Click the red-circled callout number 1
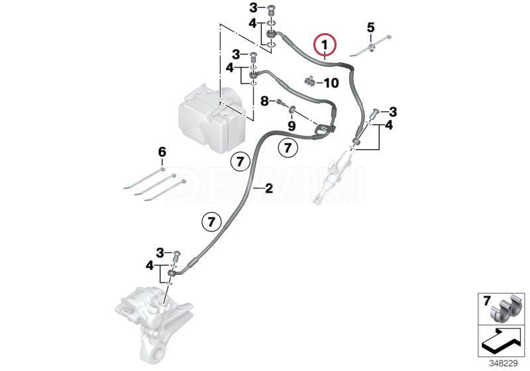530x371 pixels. click(x=325, y=44)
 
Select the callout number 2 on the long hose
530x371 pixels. click(x=269, y=188)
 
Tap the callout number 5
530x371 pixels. click(x=371, y=27)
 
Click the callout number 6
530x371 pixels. click(x=162, y=152)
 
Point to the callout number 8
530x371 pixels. click(x=264, y=100)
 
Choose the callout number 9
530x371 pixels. click(x=291, y=126)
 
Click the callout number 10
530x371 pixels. click(x=331, y=83)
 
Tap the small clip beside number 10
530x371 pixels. click(x=310, y=81)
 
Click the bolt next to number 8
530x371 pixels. click(x=280, y=101)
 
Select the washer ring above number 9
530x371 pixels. click(x=291, y=109)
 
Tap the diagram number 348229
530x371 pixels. click(x=503, y=364)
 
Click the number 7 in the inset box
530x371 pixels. click(x=487, y=300)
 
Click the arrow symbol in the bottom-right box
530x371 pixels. click(x=502, y=341)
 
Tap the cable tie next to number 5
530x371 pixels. click(x=370, y=46)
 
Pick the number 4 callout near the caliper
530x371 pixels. click(x=150, y=266)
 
